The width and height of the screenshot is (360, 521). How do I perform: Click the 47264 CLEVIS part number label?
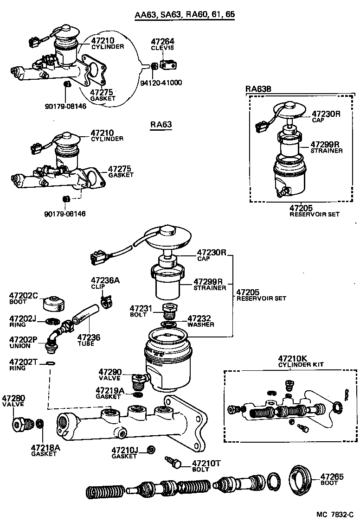pos(162,44)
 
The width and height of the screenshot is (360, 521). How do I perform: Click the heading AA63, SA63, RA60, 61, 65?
pos(185,15)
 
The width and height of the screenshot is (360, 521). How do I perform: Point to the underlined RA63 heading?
pos(161,125)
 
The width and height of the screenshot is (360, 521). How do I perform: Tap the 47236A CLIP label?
pos(105,283)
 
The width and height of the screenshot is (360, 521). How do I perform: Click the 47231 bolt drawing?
pos(169,311)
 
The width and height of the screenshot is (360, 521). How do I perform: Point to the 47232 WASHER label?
pos(200,321)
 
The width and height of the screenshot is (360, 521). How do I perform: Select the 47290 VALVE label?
pos(110,375)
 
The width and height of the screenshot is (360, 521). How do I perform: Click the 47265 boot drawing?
pos(301,477)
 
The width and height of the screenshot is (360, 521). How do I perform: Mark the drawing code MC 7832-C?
pos(335,514)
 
